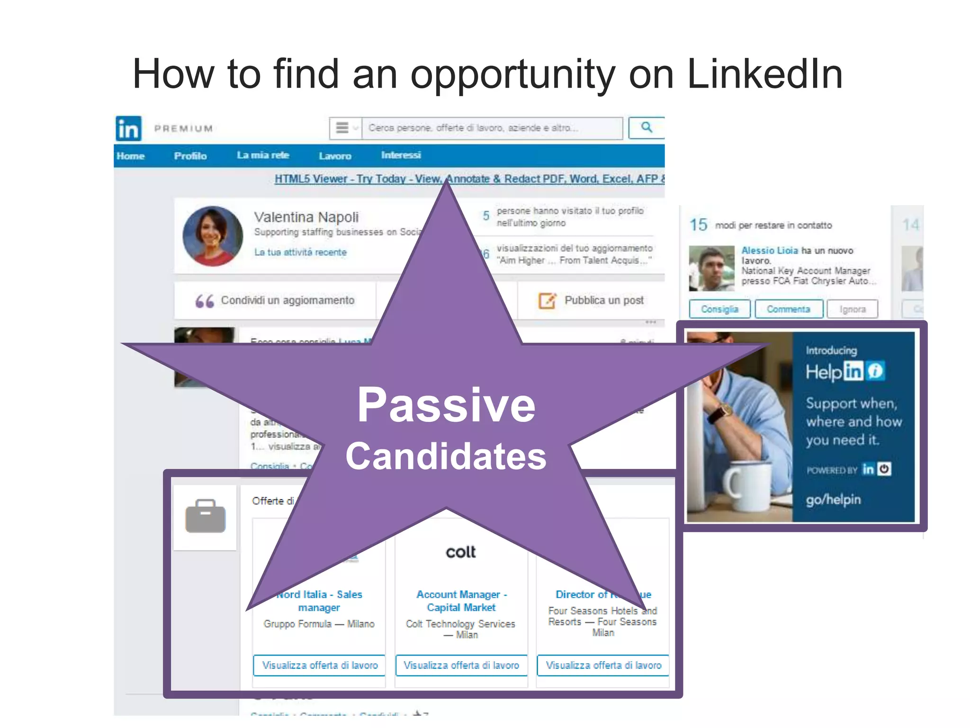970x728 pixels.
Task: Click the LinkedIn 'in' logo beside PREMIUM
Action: coord(128,128)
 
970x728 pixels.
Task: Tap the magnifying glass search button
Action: coord(646,127)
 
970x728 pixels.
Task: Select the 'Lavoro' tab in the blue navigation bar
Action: coord(335,156)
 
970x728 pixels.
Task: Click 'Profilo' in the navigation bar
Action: coord(190,156)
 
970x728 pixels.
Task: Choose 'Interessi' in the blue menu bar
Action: coord(401,155)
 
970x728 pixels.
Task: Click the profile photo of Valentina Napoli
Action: coord(213,236)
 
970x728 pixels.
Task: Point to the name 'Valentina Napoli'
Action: coord(306,217)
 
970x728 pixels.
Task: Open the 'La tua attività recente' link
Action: coord(300,252)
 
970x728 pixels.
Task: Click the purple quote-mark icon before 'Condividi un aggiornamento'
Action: coord(205,301)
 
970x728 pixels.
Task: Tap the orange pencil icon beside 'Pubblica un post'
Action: coord(547,300)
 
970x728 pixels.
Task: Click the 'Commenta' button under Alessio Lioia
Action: coord(788,309)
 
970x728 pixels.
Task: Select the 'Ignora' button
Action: coord(852,309)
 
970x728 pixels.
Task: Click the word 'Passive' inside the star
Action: coord(446,405)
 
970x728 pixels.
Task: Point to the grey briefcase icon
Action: coord(206,516)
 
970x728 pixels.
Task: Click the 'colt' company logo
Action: coord(460,552)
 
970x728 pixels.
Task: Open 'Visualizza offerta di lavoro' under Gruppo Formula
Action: coord(320,665)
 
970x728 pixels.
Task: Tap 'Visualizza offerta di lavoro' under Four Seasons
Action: coord(603,665)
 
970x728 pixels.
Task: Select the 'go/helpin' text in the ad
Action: coord(833,500)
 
